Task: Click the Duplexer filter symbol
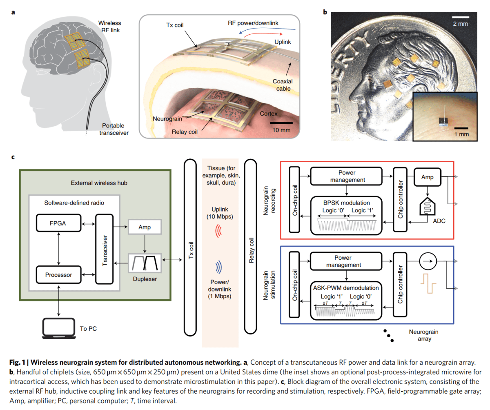[145, 264]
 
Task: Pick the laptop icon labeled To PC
[59, 328]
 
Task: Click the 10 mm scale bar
[281, 123]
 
